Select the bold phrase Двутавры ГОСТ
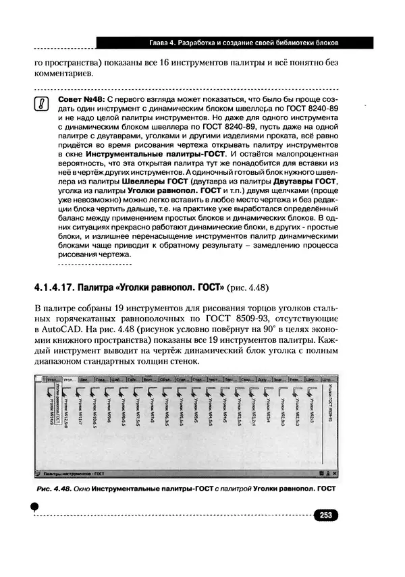(301, 182)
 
